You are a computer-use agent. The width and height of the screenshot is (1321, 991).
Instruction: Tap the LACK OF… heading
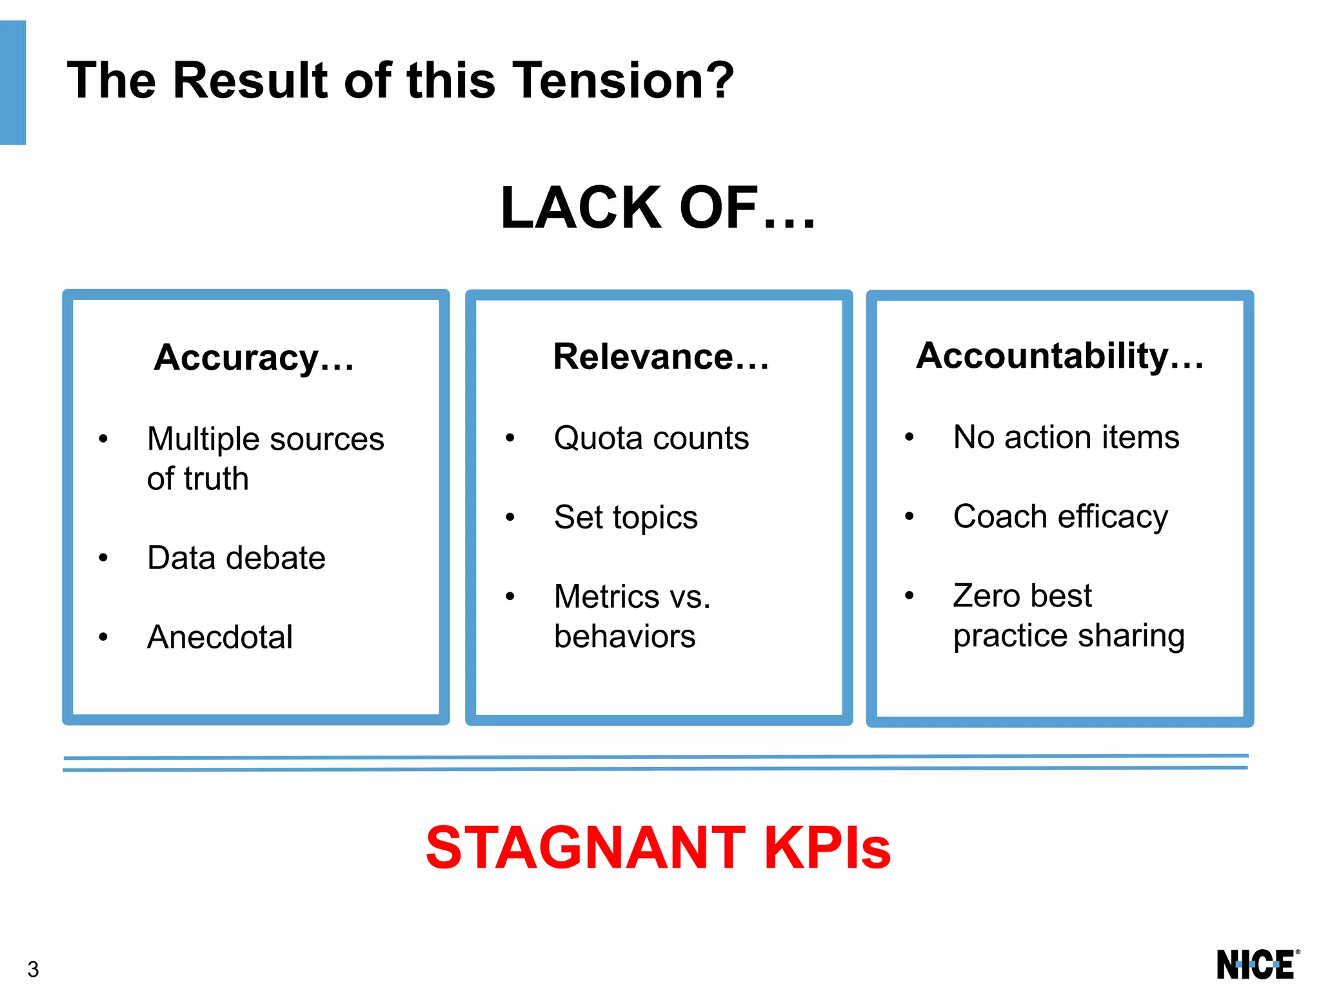click(658, 208)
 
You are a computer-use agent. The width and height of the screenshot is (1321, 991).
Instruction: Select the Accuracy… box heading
click(254, 357)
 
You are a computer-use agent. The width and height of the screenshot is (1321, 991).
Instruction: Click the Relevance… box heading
click(661, 356)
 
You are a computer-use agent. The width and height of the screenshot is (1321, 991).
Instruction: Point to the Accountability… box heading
click(1060, 355)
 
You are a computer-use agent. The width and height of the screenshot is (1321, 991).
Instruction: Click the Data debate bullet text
click(236, 557)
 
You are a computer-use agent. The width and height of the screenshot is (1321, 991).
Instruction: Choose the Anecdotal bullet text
click(220, 637)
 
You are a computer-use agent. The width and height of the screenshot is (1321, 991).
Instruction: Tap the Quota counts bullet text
click(651, 438)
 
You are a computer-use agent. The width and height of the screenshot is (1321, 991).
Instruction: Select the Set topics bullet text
click(626, 517)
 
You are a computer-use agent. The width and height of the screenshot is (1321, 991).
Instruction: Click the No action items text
click(1066, 437)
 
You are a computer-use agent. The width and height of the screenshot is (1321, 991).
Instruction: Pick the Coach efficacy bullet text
click(1060, 516)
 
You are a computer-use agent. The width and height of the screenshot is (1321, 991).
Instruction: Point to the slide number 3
click(33, 969)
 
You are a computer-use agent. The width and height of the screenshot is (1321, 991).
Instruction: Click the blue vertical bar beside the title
click(13, 83)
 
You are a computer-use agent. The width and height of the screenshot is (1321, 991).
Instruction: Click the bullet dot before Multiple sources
click(103, 439)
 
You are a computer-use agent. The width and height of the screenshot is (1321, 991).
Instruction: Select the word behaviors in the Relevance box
click(624, 637)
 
